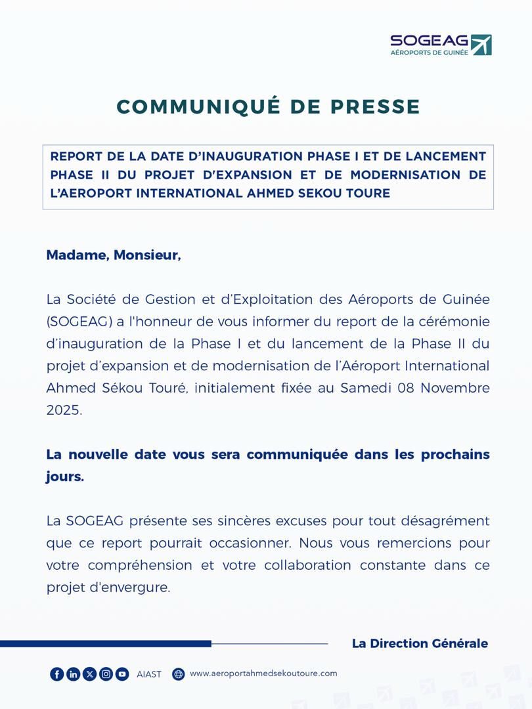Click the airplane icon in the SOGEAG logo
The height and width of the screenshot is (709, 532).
481,45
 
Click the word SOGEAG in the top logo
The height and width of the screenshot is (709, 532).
430,41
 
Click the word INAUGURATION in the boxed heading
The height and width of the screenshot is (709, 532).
252,156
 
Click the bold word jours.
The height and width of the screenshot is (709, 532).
64,477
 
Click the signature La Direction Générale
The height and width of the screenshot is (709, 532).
420,643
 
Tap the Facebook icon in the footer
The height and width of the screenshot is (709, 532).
57,674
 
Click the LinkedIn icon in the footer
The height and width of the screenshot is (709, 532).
74,674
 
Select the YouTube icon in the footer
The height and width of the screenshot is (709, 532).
122,674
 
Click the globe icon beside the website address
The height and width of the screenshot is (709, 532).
179,674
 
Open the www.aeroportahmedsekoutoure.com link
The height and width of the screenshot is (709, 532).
263,674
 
